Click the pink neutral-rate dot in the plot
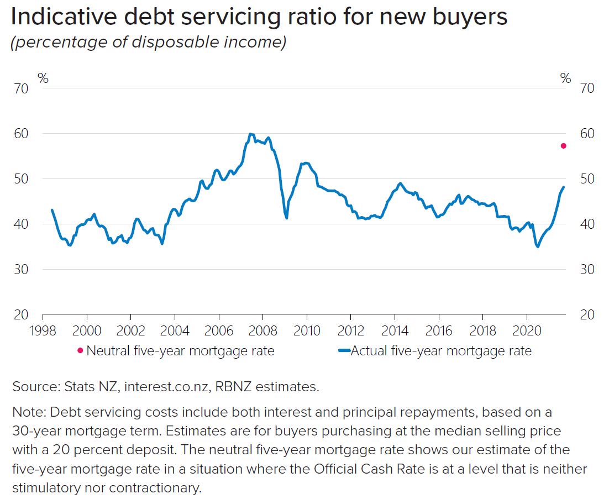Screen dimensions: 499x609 (563, 146)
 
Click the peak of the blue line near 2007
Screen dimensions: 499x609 (250, 134)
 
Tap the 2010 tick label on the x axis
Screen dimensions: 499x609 (307, 331)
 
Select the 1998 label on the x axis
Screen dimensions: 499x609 (43, 331)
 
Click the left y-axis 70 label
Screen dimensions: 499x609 (21, 88)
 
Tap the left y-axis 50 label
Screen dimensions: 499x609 (21, 179)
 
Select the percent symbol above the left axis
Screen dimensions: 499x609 (43, 78)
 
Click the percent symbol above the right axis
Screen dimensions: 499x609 (565, 78)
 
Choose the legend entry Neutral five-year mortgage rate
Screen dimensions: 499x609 (180, 350)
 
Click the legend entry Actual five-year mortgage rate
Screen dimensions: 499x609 (441, 350)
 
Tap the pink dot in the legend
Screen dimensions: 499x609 (80, 350)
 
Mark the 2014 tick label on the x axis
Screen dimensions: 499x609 (395, 331)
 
